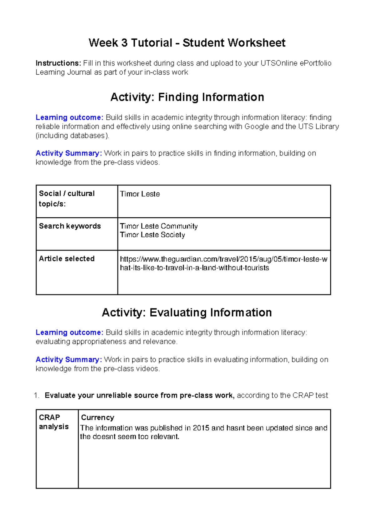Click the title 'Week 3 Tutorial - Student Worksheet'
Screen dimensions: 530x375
[x=187, y=43]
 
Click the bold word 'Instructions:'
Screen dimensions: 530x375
[x=58, y=63]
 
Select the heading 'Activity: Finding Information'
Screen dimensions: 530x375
[x=187, y=97]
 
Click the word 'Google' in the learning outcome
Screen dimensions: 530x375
[x=257, y=126]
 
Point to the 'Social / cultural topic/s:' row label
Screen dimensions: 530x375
[x=67, y=199]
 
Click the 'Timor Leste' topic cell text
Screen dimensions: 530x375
[x=140, y=194]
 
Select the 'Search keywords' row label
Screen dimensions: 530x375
[x=70, y=226]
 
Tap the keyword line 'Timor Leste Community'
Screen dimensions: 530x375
[x=159, y=226]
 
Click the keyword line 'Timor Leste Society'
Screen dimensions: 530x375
[x=152, y=235]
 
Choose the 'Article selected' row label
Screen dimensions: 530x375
[x=67, y=259]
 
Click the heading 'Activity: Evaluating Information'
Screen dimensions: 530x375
[x=187, y=312]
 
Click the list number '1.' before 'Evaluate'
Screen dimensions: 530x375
[x=37, y=395]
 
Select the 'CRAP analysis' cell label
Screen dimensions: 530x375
[x=53, y=422]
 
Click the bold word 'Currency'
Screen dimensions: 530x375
[x=97, y=418]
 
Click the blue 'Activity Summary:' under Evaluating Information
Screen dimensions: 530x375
[x=69, y=360]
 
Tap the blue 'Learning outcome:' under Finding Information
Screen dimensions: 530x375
[x=69, y=117]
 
